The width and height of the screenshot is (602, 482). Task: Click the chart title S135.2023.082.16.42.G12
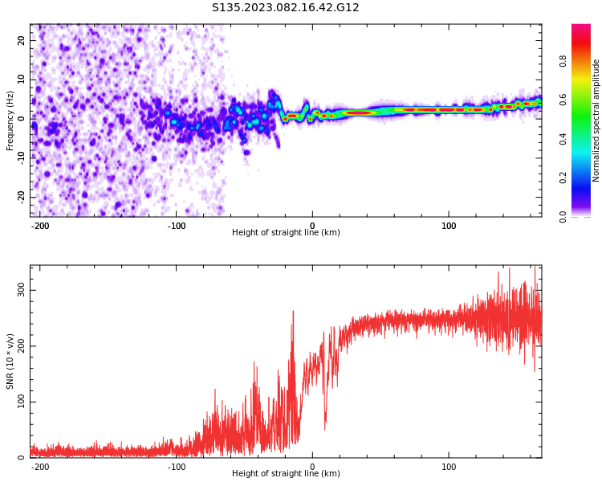coord(286,8)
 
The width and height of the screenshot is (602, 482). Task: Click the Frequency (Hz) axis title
coord(10,120)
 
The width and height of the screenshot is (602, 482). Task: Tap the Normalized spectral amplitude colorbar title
coord(596,120)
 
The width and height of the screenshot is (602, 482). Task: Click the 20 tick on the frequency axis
coord(22,40)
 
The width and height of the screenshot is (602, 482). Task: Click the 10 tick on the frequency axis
coord(22,79)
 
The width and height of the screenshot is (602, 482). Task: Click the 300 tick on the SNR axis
coord(22,289)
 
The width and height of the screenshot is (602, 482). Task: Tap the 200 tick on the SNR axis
coord(22,345)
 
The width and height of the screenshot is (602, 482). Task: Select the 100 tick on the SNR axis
coord(22,402)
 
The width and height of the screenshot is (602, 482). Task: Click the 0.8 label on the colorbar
coord(586,59)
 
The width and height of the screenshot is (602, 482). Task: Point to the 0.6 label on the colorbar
coord(586,99)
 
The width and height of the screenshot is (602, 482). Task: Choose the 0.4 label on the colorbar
coord(586,138)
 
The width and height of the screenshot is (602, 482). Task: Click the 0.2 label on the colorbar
coord(586,178)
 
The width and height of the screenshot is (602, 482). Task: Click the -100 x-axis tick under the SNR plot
coord(177,467)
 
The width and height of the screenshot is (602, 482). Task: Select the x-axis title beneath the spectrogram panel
coord(286,233)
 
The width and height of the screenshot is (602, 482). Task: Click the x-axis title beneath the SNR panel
coord(286,474)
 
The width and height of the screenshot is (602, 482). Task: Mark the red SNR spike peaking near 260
coord(293,312)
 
